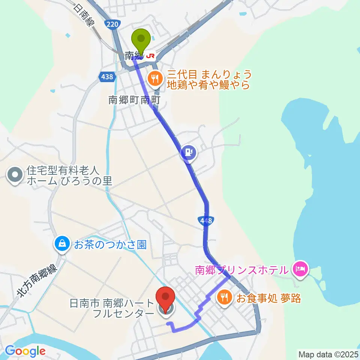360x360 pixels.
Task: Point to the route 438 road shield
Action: click(x=107, y=76)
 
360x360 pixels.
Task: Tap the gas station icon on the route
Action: click(x=188, y=152)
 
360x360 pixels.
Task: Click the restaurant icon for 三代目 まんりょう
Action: click(x=154, y=79)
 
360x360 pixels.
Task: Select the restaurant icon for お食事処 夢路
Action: click(x=224, y=298)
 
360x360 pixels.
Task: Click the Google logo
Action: click(x=25, y=351)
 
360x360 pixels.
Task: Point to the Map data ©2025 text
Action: click(x=328, y=354)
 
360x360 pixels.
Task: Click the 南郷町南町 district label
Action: click(x=129, y=100)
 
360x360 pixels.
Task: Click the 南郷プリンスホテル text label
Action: click(x=241, y=269)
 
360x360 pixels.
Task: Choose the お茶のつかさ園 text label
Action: click(x=110, y=245)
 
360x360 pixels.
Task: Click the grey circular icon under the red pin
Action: click(x=165, y=310)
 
